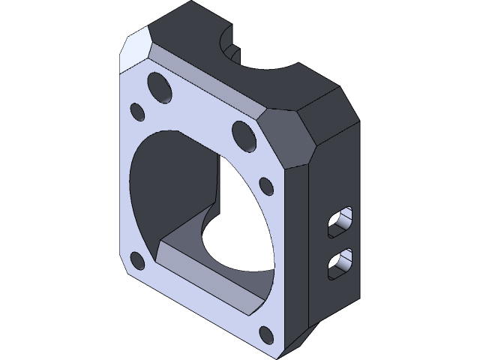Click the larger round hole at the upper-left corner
[160, 85]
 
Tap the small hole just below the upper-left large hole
[138, 112]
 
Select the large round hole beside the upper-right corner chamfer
[244, 135]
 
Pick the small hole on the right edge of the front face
[265, 184]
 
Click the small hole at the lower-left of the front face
[137, 261]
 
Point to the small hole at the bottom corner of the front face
[265, 333]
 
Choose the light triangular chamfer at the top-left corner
[135, 51]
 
